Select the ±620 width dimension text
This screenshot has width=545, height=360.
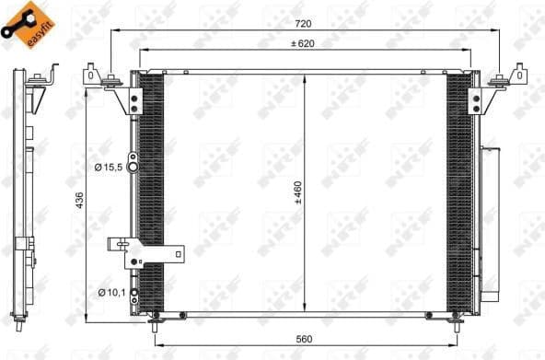pos(304,43)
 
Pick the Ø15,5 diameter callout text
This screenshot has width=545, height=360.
pos(110,167)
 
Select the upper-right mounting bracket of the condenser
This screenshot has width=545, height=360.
pos(511,79)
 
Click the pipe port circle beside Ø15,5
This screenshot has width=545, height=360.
pos(133,167)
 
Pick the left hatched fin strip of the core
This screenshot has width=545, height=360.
pos(151,193)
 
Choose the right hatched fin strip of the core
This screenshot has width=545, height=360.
pos(458,193)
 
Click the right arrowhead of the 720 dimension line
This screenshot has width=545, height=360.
pos(497,30)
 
